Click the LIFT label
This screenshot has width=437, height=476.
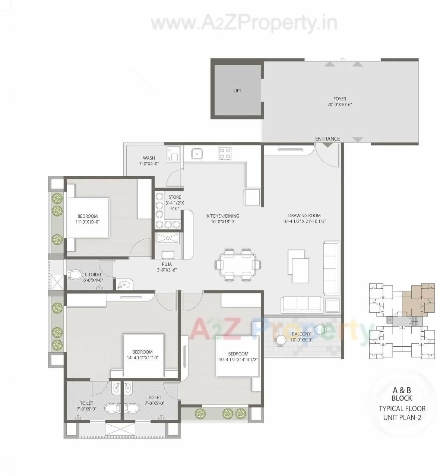coord(237,91)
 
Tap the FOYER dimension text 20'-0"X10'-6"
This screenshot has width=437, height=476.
coord(339,105)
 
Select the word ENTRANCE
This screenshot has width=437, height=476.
coord(327,139)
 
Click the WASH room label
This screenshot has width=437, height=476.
coord(149,158)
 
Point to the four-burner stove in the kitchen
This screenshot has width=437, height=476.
coord(225,153)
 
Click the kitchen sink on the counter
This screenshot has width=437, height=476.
coord(197,153)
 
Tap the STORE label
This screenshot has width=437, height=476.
coord(174,197)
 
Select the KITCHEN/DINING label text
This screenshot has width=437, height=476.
coord(223,216)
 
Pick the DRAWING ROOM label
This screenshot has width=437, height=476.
coord(304,215)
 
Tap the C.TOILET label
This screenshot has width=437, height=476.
coord(93,275)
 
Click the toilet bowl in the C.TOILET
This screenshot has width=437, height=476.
coord(74,275)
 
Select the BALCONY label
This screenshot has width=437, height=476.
coord(301,334)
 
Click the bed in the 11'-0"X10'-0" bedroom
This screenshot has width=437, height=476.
coord(89,218)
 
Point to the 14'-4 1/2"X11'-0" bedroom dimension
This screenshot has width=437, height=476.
coord(142,357)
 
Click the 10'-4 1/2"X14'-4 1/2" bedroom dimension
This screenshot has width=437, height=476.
coord(238,359)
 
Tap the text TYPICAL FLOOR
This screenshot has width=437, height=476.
coord(402,408)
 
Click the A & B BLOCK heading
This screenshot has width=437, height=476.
coord(402,394)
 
